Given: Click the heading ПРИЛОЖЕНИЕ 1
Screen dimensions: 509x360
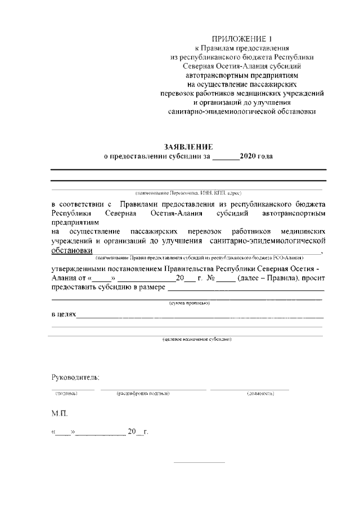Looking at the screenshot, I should click(x=241, y=39).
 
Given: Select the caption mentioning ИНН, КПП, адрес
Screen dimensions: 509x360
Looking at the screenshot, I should click(x=188, y=192).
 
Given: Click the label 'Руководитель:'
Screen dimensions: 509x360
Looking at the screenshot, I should click(x=75, y=376).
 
